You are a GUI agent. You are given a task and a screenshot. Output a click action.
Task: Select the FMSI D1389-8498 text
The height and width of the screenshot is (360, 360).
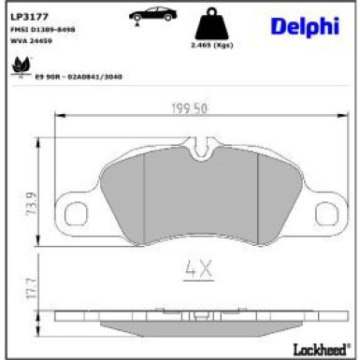click(42, 30)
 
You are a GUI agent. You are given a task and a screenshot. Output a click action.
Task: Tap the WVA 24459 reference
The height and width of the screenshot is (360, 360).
click(34, 42)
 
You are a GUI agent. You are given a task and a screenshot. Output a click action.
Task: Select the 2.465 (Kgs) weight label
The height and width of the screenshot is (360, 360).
click(211, 45)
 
